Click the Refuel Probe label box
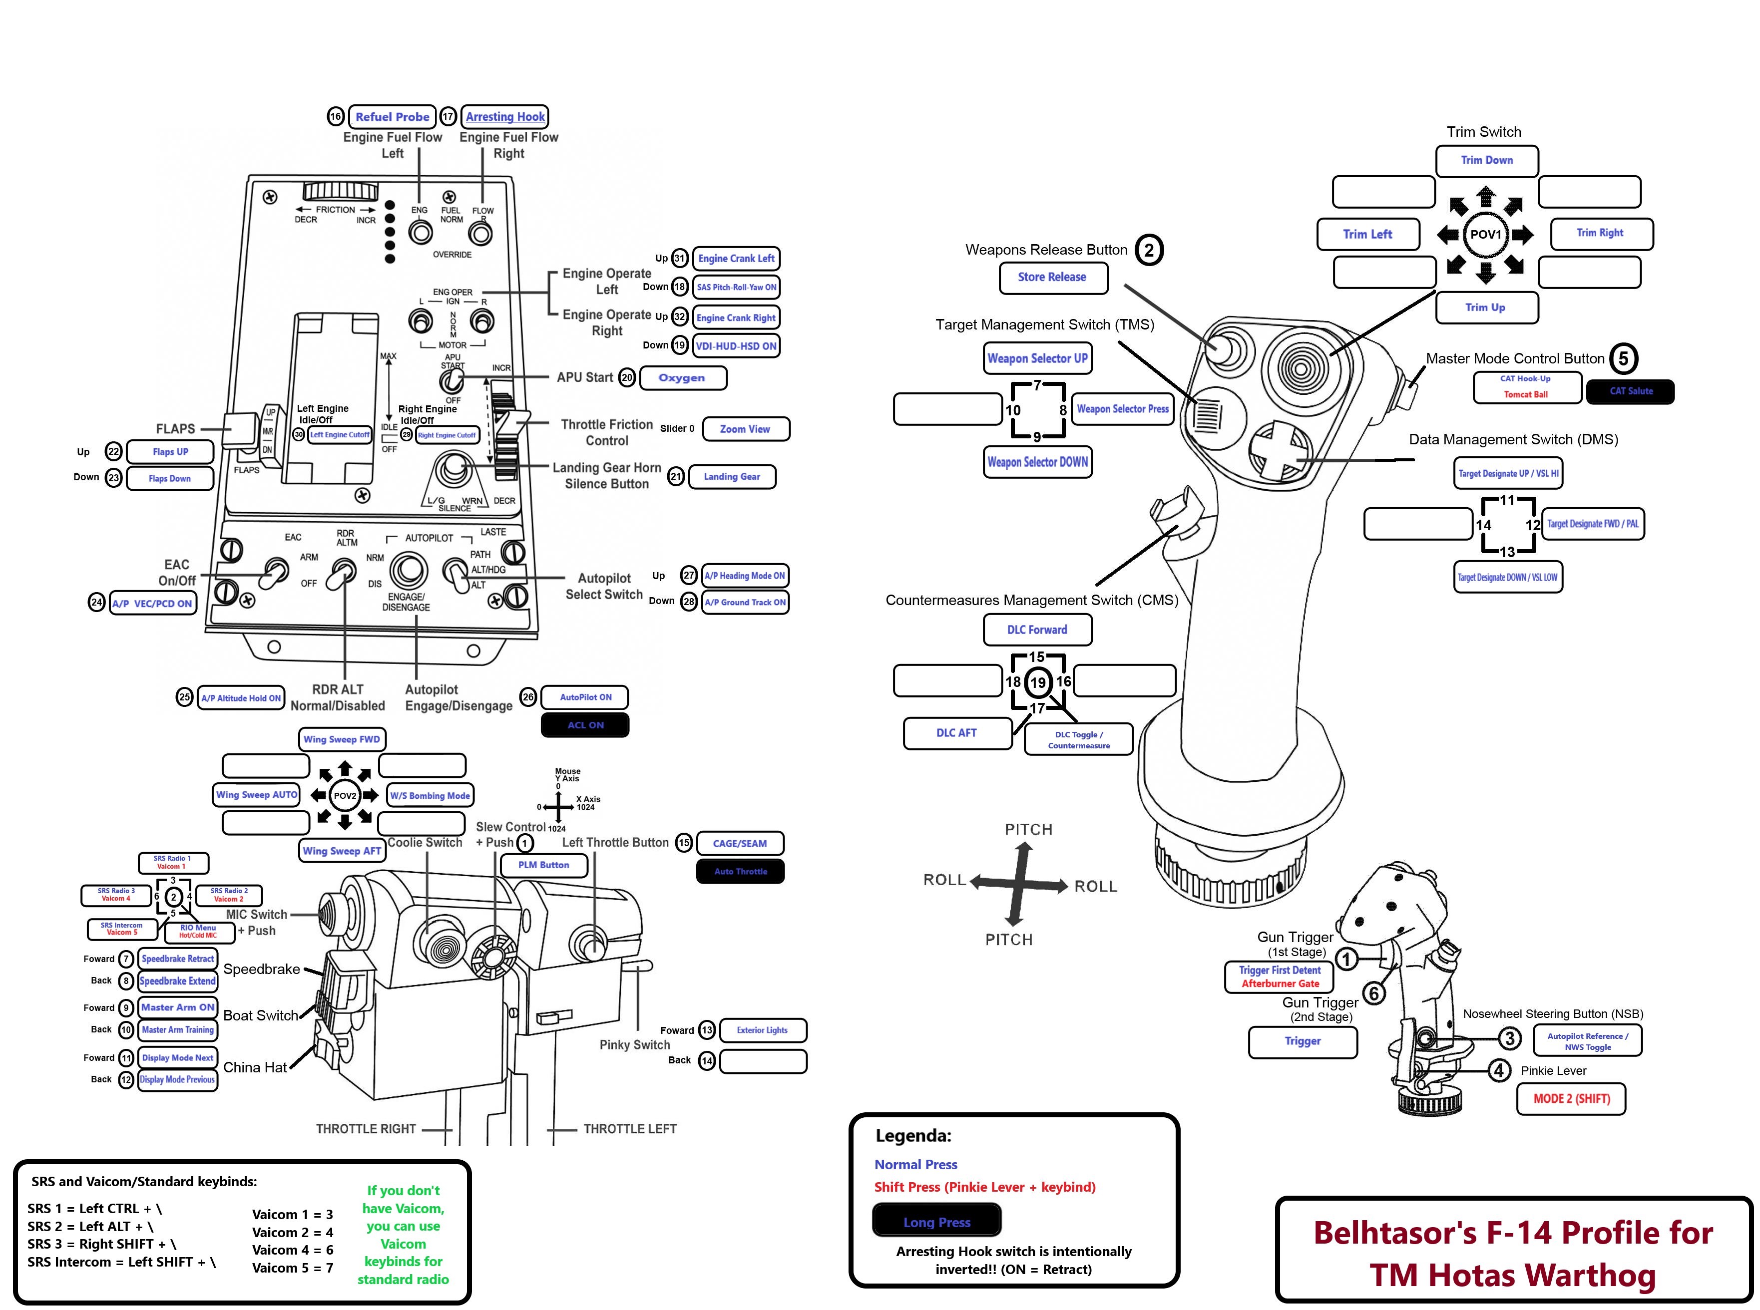coord(392,116)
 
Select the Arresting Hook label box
coord(505,116)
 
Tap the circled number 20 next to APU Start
coord(627,377)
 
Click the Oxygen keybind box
coord(682,377)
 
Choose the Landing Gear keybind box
coord(731,477)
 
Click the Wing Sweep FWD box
coord(342,739)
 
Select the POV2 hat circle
coord(344,795)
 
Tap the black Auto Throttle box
coord(740,872)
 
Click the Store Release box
coord(1052,277)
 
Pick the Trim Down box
coord(1486,160)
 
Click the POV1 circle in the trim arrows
coord(1485,234)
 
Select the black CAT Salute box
coord(1631,391)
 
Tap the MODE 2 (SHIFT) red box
coord(1570,1099)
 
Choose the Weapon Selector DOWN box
coord(1037,461)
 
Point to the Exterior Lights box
coord(762,1030)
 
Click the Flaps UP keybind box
coord(170,452)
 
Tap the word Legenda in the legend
coord(913,1136)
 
